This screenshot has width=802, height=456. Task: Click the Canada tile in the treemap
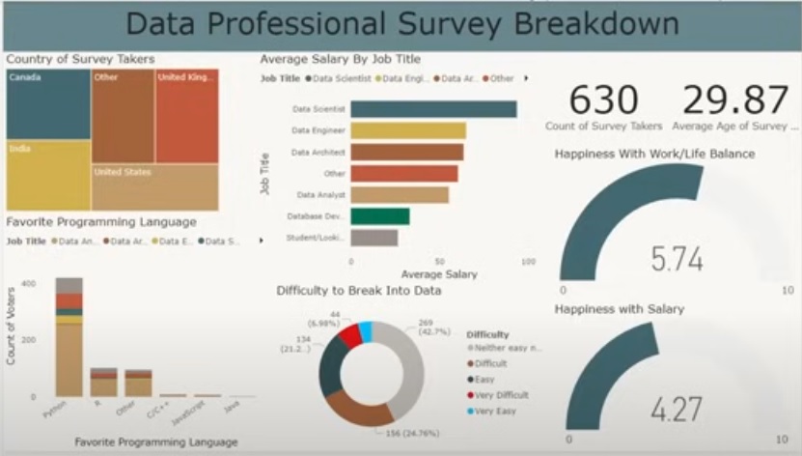[x=48, y=104]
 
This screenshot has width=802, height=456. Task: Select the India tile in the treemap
[x=48, y=176]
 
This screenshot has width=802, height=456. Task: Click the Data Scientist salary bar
[x=433, y=109]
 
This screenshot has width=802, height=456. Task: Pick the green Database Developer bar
[x=379, y=216]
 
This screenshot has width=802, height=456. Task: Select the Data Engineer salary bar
[x=408, y=130]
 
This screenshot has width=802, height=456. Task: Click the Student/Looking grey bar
[x=373, y=238]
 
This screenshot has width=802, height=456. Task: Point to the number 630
[x=603, y=100]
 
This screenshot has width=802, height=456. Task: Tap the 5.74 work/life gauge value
[x=676, y=259]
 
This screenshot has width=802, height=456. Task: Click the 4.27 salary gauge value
[x=676, y=410]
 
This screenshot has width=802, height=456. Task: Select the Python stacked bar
[x=69, y=337]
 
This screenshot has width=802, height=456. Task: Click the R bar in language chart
[x=103, y=383]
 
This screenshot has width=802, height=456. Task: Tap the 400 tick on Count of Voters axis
[x=28, y=283]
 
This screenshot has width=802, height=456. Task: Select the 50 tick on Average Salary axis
[x=439, y=262]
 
